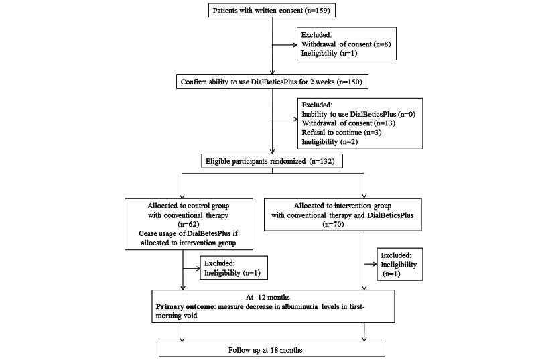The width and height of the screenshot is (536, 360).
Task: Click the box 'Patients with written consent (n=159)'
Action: [x=272, y=11]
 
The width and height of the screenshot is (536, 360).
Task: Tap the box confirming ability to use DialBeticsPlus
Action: [x=272, y=82]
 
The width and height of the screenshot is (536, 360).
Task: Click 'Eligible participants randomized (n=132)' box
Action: [x=272, y=161]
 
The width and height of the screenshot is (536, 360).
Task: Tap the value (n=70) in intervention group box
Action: [x=364, y=223]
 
